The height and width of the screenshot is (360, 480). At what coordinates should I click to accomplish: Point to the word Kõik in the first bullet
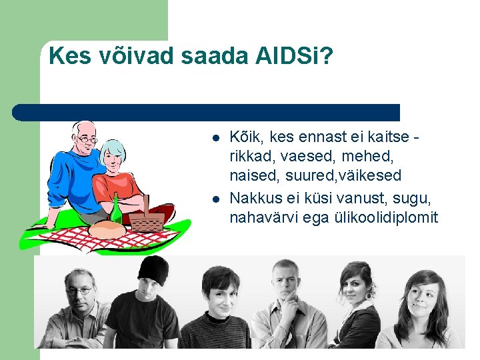[x=245, y=137]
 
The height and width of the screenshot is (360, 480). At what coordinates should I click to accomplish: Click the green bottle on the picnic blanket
[x=116, y=210]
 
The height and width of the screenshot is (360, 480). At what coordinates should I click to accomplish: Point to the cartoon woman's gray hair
[x=113, y=147]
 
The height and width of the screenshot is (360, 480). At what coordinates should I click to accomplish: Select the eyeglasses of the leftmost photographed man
[x=79, y=291]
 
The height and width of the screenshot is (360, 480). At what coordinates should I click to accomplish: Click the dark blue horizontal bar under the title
[x=207, y=112]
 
